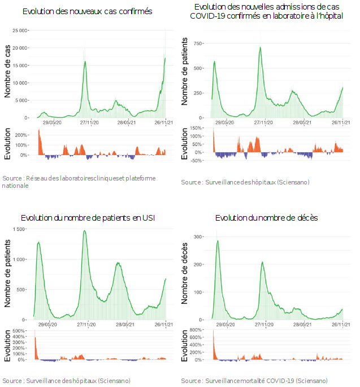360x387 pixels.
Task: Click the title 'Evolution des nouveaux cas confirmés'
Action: click(87, 11)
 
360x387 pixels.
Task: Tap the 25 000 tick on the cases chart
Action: click(21, 31)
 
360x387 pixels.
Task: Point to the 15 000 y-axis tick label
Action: click(21, 66)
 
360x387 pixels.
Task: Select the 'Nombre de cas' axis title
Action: click(7, 73)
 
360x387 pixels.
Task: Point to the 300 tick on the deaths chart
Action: click(198, 237)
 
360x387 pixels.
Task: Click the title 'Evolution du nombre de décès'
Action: click(266, 218)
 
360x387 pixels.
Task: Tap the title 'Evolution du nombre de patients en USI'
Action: click(88, 218)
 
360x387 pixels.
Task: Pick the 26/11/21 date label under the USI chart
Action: click(164, 325)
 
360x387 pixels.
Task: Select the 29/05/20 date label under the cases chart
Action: click(52, 122)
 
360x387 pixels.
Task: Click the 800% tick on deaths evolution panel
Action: click(196, 330)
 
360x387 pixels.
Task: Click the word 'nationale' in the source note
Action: click(15, 186)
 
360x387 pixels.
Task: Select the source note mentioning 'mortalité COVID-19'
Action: click(254, 380)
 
